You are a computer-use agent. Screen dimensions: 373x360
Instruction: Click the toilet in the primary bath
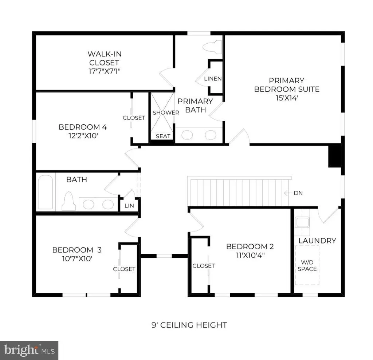click(x=212, y=47)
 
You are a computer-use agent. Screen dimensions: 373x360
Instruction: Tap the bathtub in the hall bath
click(x=46, y=192)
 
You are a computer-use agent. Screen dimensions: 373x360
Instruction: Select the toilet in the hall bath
click(x=69, y=201)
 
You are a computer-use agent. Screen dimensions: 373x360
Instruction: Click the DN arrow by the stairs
click(x=288, y=193)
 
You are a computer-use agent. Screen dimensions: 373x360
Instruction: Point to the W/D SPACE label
click(x=307, y=266)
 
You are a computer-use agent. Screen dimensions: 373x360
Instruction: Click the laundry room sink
click(x=302, y=222)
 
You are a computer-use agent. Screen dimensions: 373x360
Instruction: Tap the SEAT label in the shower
click(x=163, y=136)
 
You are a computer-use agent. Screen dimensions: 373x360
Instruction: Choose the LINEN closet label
click(x=213, y=79)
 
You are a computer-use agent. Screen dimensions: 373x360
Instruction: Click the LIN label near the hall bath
click(x=129, y=206)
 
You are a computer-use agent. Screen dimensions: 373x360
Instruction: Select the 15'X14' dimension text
click(x=287, y=98)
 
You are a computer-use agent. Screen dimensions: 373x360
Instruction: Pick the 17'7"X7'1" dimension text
click(x=105, y=71)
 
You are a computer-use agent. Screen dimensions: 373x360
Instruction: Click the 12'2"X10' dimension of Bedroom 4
click(x=83, y=136)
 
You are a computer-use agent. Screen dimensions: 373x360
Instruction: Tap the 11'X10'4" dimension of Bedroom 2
click(x=250, y=255)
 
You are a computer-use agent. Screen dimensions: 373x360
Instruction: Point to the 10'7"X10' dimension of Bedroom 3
click(x=77, y=258)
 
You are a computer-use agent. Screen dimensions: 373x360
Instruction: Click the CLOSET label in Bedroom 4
click(x=134, y=118)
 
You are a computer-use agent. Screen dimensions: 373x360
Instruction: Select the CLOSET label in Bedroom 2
click(x=203, y=266)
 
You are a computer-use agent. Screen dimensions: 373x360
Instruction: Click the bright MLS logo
click(x=29, y=351)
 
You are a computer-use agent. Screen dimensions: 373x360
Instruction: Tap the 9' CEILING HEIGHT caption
click(x=189, y=325)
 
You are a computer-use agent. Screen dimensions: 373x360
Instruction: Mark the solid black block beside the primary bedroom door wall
click(x=335, y=156)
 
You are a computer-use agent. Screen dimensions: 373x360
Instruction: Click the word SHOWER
click(x=166, y=112)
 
